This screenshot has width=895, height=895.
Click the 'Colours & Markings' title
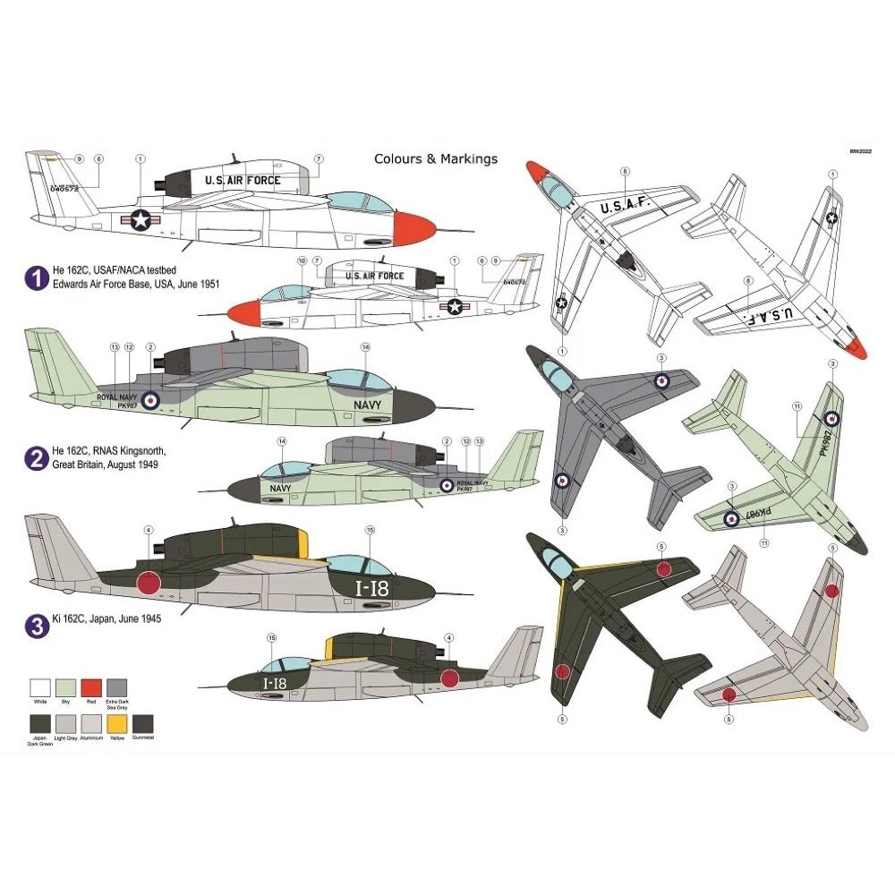(435, 159)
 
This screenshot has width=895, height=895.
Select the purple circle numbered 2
(36, 458)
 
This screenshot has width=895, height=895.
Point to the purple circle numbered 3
(36, 625)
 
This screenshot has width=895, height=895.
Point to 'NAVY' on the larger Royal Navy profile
(365, 405)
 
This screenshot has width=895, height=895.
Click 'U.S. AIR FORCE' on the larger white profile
(243, 181)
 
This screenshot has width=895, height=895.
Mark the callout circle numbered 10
(302, 260)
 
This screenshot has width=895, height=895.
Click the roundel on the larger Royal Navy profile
(150, 401)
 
